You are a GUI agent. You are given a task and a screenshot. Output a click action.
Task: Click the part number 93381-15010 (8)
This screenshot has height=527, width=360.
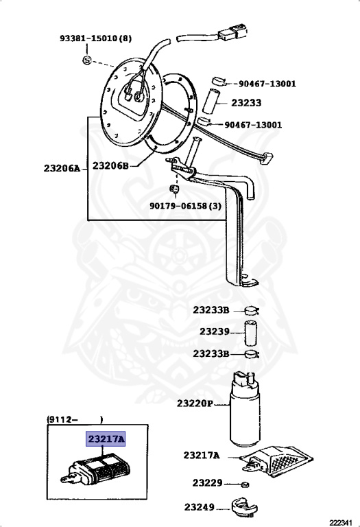click(x=96, y=38)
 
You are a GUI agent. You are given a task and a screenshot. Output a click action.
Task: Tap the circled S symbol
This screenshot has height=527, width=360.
click(x=87, y=60)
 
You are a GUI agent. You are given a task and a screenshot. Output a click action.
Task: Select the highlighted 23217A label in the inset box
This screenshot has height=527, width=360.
click(x=106, y=439)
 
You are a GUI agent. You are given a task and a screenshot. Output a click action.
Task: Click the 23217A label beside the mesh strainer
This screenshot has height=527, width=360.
click(x=202, y=456)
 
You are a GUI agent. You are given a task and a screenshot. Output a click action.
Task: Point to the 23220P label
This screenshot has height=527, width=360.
click(x=195, y=403)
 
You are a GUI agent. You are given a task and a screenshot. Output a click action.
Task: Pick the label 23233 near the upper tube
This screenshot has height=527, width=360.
click(x=246, y=102)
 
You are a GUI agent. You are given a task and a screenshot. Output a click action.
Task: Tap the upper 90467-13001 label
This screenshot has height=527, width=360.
click(x=267, y=83)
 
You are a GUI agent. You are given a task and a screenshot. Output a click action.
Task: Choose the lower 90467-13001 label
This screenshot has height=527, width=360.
click(x=253, y=125)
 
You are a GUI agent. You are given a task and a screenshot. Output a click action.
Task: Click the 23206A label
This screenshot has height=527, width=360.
click(x=62, y=168)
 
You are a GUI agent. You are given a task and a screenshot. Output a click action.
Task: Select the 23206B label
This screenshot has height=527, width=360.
click(x=111, y=165)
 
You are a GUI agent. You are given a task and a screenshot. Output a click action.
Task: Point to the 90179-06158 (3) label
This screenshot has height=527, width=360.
click(x=185, y=206)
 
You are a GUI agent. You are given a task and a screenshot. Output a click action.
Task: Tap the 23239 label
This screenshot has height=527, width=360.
click(x=215, y=331)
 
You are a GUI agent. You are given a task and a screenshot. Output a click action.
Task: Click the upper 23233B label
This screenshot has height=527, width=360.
click(x=211, y=310)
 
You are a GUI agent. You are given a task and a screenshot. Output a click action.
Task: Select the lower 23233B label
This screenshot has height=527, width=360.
click(x=211, y=353)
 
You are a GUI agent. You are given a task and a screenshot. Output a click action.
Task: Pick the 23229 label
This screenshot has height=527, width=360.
click(x=207, y=483)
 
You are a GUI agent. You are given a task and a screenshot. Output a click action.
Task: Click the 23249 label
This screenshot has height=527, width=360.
click(x=199, y=507)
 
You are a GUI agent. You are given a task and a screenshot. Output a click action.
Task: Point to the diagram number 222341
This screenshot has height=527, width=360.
click(x=341, y=523)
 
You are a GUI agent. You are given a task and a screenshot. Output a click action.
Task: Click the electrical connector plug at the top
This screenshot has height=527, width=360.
click(x=232, y=33)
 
